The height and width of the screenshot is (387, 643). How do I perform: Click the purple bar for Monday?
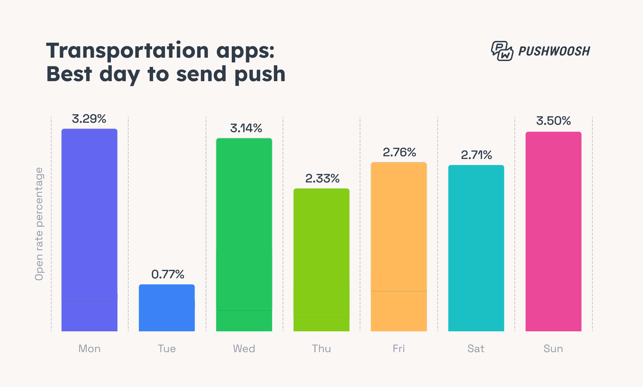click(x=89, y=230)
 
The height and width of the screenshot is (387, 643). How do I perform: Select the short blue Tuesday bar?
click(x=167, y=308)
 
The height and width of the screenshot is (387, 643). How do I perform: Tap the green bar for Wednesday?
click(x=244, y=235)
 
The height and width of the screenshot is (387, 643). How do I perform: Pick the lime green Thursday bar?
click(x=321, y=260)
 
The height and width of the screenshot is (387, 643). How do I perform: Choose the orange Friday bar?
click(x=399, y=246)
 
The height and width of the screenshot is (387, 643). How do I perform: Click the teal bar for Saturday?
click(x=476, y=248)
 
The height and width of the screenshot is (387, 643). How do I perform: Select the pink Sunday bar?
click(x=553, y=231)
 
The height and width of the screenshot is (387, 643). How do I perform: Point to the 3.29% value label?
click(x=89, y=119)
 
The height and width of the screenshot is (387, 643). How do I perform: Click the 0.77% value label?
click(x=167, y=274)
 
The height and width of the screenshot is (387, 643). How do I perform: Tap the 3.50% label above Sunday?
click(x=553, y=121)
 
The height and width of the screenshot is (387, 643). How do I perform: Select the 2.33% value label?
click(x=322, y=178)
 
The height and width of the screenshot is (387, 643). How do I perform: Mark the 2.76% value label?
click(x=399, y=152)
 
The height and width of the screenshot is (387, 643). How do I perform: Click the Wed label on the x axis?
click(x=244, y=348)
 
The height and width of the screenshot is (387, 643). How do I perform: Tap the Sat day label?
click(x=476, y=348)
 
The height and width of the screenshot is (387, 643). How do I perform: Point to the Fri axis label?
click(x=399, y=348)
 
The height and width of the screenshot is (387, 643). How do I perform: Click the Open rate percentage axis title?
click(x=39, y=224)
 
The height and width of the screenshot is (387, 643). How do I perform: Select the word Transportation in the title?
click(x=128, y=51)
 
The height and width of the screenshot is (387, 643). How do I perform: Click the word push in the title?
click(x=260, y=74)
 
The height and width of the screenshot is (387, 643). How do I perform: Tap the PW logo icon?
click(x=502, y=51)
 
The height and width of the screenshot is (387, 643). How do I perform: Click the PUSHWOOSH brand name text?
click(x=554, y=51)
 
